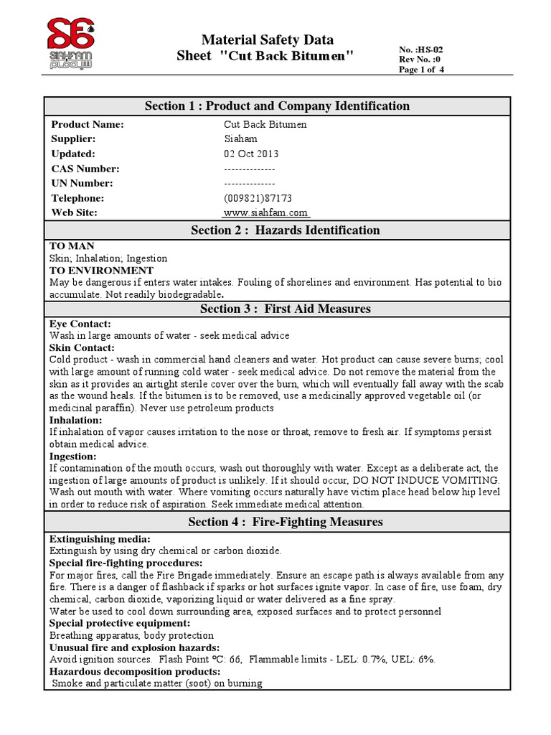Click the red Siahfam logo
[71, 42]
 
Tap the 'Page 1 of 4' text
[422, 70]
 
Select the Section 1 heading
[277, 106]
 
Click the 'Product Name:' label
[88, 125]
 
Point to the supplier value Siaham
[240, 139]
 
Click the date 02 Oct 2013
[251, 154]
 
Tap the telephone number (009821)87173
[258, 198]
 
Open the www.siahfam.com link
[265, 213]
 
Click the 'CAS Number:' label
[85, 169]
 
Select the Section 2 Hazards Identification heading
[285, 230]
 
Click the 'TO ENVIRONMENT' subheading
[101, 271]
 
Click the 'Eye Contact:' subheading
[80, 324]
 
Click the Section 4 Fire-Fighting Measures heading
[285, 522]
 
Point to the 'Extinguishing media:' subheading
[100, 538]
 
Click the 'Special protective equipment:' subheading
[119, 623]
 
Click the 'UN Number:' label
[82, 183]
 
